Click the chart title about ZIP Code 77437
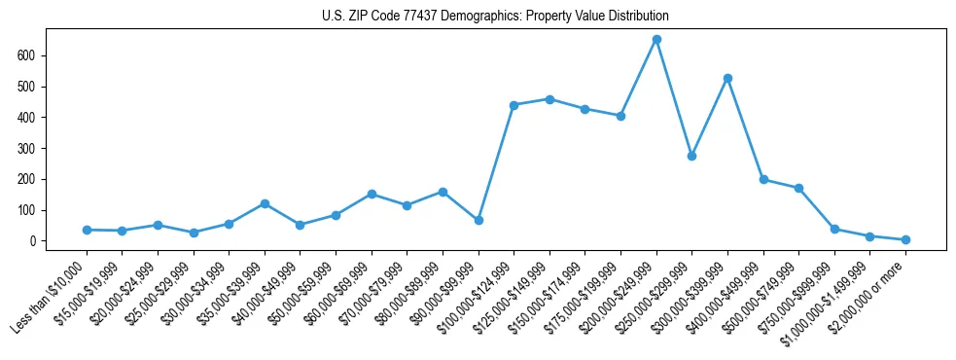pos(495,17)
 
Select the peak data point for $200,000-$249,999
pos(656,40)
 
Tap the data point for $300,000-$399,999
pos(727,78)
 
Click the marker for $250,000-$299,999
pos(691,156)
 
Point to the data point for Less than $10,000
pos(87,230)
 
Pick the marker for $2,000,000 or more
pos(905,239)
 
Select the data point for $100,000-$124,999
pos(513,105)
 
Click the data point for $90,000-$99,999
pos(478,221)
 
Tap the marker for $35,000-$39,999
pos(265,203)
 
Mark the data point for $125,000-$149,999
pos(549,99)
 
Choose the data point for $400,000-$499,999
pos(763,179)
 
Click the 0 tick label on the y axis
pos(32,241)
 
